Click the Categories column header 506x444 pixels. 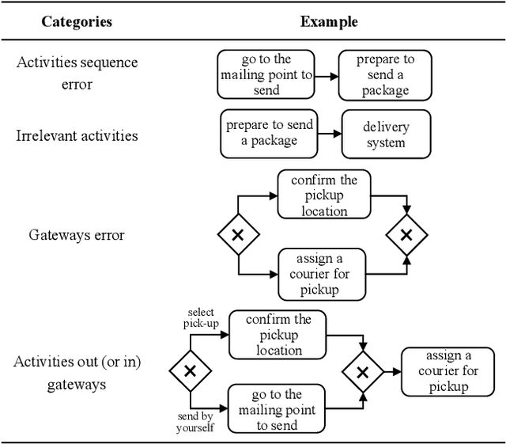tap(77, 21)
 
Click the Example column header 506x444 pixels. tap(328, 21)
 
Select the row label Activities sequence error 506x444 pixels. tap(77, 73)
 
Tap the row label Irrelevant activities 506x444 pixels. tap(77, 135)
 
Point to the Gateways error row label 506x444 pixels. tap(77, 235)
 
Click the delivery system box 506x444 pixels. tap(386, 135)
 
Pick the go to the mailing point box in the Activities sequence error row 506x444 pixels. tap(266, 75)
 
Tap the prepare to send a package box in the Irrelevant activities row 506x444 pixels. tap(269, 133)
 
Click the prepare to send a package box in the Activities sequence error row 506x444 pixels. tap(386, 75)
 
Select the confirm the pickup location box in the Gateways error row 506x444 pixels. tap(324, 195)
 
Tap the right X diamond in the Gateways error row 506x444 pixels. tap(406, 235)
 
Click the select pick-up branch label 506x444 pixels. tap(201, 317)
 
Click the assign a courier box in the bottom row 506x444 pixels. tap(448, 371)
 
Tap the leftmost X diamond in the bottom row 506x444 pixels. tap(190, 371)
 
